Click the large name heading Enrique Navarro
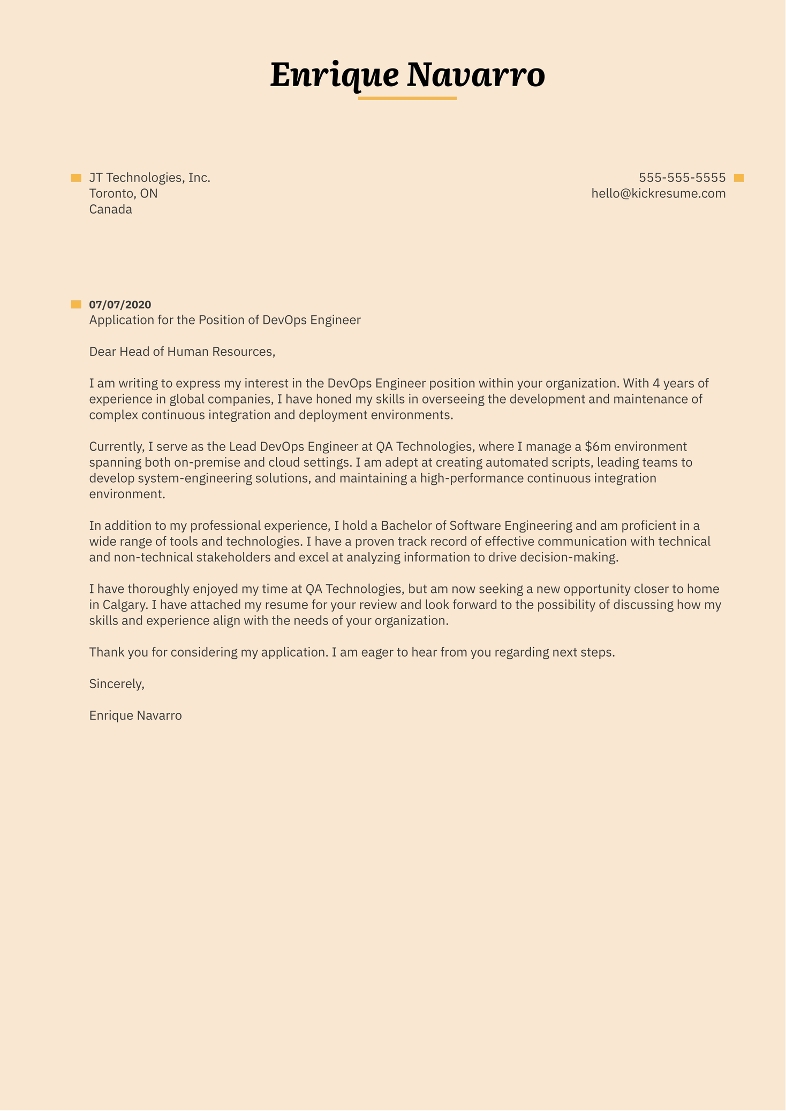[x=407, y=75]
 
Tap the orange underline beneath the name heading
[x=407, y=98]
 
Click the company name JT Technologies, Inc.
[x=149, y=178]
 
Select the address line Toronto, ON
[x=123, y=193]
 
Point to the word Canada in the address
[x=110, y=209]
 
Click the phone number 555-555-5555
[x=682, y=178]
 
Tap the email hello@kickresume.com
[x=659, y=193]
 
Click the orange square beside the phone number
[x=739, y=178]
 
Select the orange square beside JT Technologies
[x=76, y=178]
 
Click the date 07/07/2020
[x=120, y=305]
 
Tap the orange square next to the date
[x=76, y=305]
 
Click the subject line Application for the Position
[x=225, y=320]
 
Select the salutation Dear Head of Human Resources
[x=182, y=352]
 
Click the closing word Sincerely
[x=117, y=683]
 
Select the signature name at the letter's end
[x=135, y=715]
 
